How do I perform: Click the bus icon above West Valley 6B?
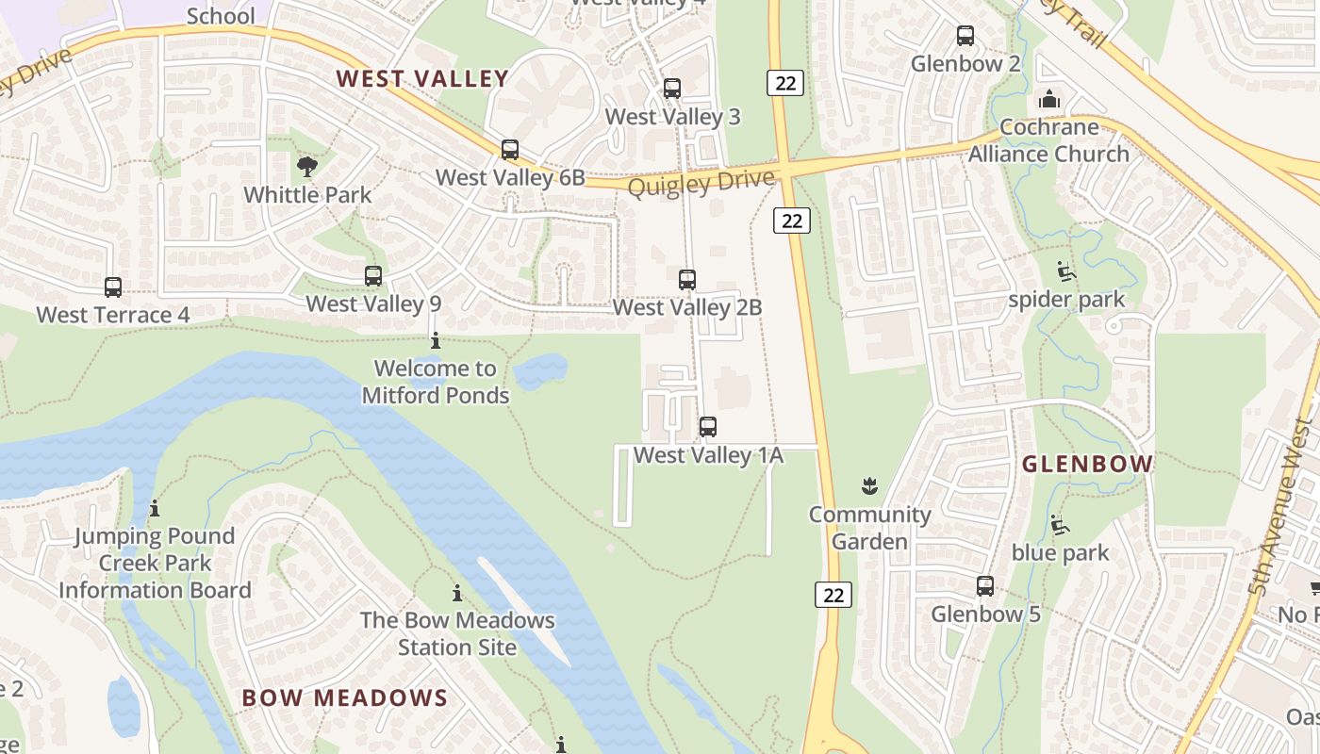(510, 149)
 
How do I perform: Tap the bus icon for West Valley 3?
(672, 89)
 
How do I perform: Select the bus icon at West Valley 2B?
(687, 279)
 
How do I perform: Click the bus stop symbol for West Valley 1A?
(708, 427)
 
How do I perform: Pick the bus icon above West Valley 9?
(373, 276)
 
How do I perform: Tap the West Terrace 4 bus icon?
(113, 287)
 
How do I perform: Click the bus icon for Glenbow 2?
(965, 36)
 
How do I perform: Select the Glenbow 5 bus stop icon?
(985, 586)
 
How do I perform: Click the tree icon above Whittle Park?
(306, 168)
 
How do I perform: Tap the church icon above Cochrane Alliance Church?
(1048, 99)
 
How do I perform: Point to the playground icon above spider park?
(1065, 271)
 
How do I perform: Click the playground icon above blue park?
(1060, 525)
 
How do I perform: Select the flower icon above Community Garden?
(869, 486)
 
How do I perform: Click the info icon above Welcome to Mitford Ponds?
(436, 340)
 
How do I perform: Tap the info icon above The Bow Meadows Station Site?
(457, 593)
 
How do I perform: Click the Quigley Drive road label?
(701, 182)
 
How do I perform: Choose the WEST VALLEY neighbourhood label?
(422, 79)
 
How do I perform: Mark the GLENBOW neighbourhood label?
(1087, 464)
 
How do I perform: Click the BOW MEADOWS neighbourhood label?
(344, 698)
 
